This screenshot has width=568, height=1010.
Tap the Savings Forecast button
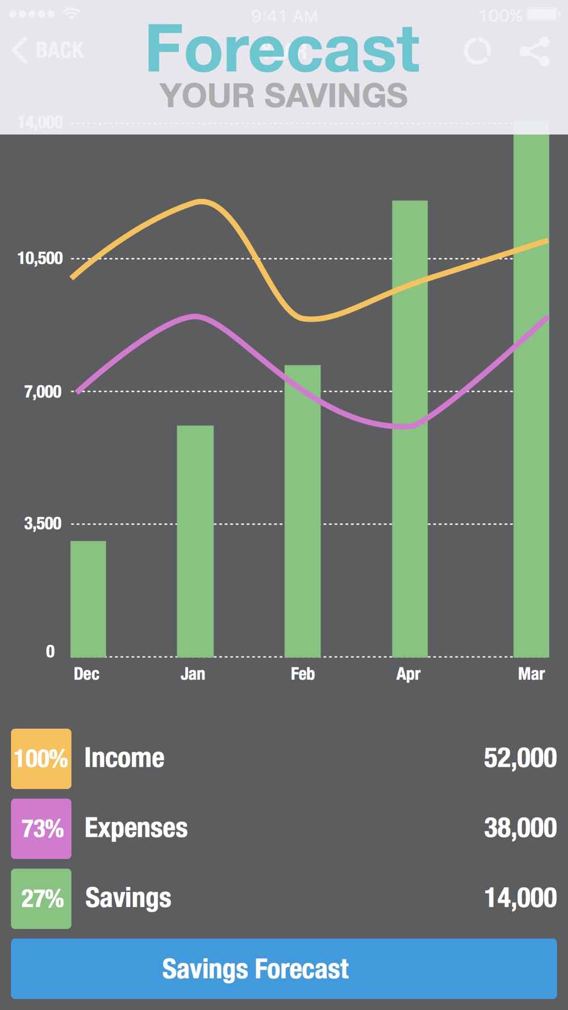[x=283, y=969]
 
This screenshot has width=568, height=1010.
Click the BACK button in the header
[x=48, y=50]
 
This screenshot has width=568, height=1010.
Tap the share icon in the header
[x=534, y=51]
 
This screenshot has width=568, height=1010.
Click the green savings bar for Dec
[x=88, y=599]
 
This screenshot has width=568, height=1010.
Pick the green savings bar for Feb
[x=302, y=511]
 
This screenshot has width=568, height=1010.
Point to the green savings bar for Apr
[x=410, y=428]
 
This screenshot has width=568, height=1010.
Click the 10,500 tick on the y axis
[x=40, y=258]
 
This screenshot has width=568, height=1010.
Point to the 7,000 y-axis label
[x=43, y=391]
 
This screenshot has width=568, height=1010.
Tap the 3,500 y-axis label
[x=43, y=523]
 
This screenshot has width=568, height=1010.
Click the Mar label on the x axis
[x=531, y=674]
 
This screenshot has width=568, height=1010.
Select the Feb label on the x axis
[x=302, y=674]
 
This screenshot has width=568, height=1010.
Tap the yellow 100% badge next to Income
[x=41, y=758]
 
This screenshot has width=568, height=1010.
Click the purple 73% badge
[x=41, y=828]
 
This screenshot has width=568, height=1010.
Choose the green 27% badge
[x=41, y=898]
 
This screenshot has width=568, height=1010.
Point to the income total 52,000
[x=520, y=758]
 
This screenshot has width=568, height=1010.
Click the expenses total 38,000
[x=520, y=828]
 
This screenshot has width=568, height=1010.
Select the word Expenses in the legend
[x=136, y=828]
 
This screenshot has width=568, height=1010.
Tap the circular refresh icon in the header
[x=477, y=51]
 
